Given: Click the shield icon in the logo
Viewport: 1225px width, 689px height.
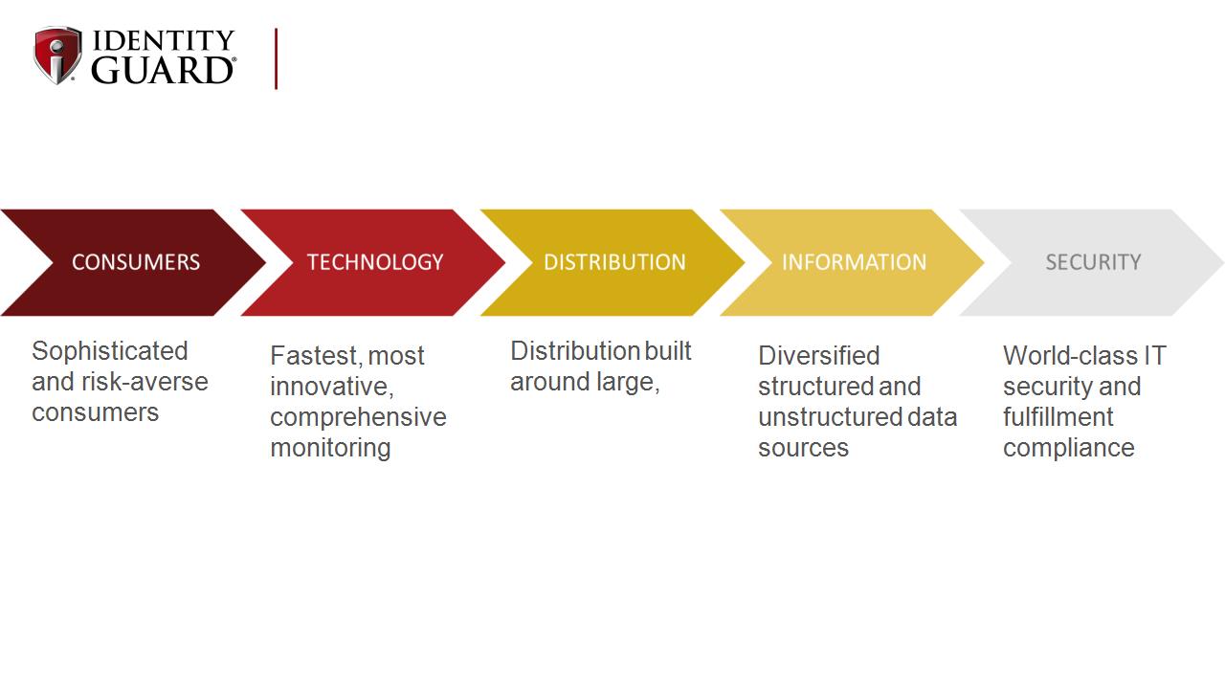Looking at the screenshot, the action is (x=57, y=56).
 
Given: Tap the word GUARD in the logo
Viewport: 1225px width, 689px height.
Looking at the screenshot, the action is (x=163, y=70).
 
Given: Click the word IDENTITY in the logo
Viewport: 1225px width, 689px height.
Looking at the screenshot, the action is (x=164, y=40).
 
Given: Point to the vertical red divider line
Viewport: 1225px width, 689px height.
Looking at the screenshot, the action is (x=277, y=58).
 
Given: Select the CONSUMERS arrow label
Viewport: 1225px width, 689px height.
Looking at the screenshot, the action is (x=136, y=262).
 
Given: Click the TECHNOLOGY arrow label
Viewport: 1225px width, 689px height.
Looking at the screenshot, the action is (x=375, y=262).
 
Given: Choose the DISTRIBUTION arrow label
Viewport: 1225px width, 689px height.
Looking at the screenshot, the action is (x=614, y=262).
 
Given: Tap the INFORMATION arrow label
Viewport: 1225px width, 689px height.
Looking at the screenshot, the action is (x=855, y=262).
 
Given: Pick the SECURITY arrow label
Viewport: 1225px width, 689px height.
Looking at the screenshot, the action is (x=1093, y=262).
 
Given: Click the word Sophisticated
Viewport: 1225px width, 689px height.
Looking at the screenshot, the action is (x=110, y=352).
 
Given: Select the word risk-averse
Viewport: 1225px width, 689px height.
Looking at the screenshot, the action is (x=145, y=382).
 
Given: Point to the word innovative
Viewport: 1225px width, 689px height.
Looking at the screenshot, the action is (x=331, y=387).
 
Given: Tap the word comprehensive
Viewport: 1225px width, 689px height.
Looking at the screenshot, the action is (x=358, y=418).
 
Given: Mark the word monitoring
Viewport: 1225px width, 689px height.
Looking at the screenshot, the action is (x=330, y=449).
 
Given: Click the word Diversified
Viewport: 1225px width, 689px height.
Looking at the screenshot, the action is (x=818, y=356).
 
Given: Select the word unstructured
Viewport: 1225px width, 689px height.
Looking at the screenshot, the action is (x=830, y=417).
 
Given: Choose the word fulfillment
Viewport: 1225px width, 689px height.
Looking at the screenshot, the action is (x=1058, y=417).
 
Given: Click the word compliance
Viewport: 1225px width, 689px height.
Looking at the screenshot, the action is (x=1069, y=449).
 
